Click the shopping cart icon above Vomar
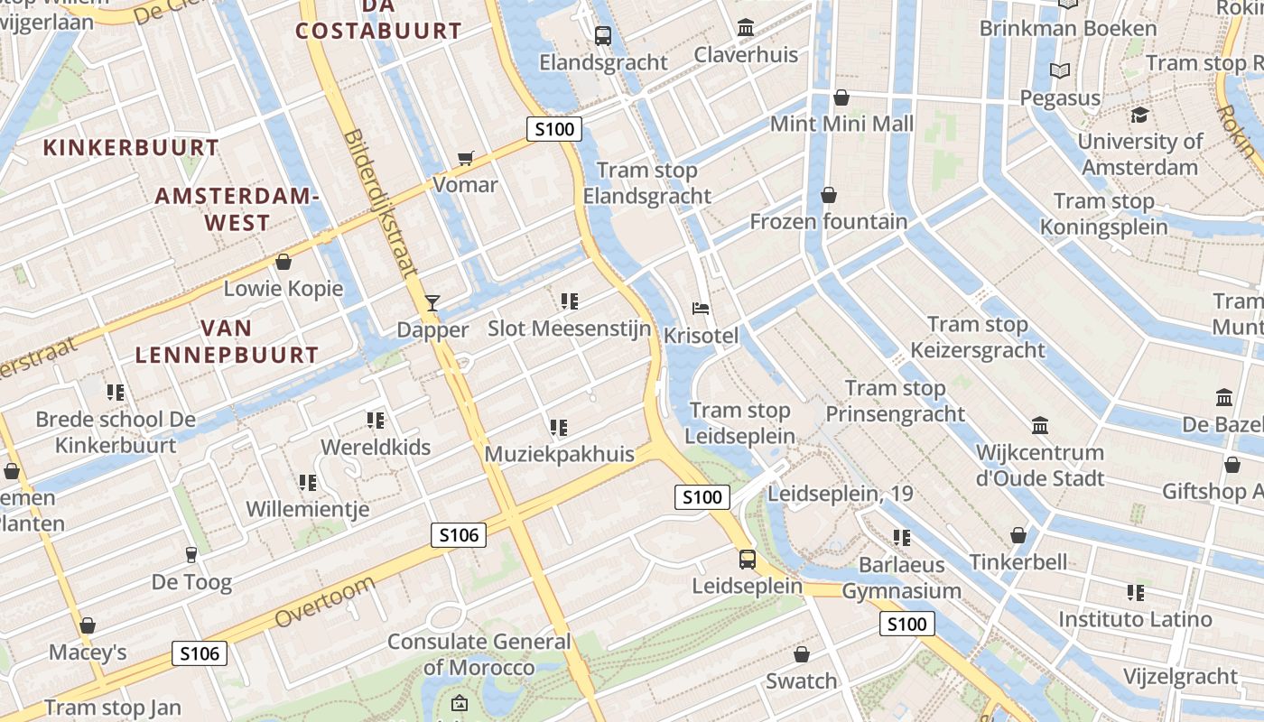[x=466, y=159]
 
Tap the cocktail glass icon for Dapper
[x=432, y=302]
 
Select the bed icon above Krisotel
[x=701, y=309]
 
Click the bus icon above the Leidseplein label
[x=748, y=559]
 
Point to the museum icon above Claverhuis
[x=746, y=28]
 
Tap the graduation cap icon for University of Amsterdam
[x=1139, y=115]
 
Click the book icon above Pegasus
[x=1060, y=70]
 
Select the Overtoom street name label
[x=324, y=603]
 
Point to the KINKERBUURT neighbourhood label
[x=132, y=148]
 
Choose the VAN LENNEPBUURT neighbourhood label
[x=227, y=341]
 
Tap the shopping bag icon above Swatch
[x=801, y=654]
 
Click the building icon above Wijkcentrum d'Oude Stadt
[x=1040, y=425]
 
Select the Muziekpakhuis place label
[x=560, y=454]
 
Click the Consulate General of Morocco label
[x=479, y=655]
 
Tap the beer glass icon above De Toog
[x=191, y=555]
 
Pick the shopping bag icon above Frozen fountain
[x=828, y=195]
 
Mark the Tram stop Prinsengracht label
[x=896, y=402]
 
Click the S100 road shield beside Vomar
[x=554, y=129]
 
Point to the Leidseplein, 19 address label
[x=840, y=494]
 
